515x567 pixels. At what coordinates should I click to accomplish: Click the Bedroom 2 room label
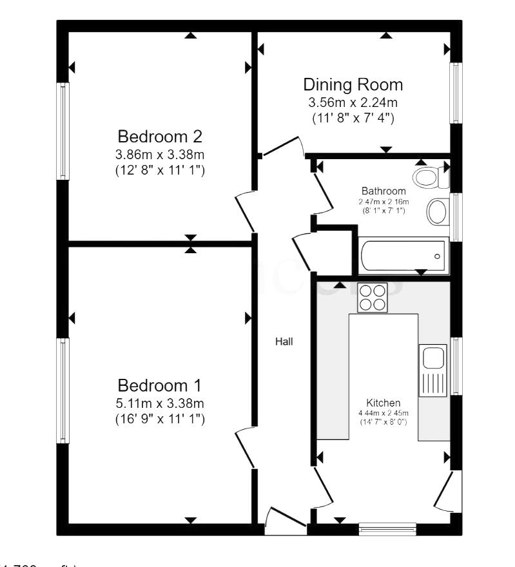click(160, 137)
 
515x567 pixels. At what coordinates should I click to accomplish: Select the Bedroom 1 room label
click(160, 385)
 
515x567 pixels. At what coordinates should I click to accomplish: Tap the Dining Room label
click(353, 85)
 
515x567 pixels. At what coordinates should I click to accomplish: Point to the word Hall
click(284, 342)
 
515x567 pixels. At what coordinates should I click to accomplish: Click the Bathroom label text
click(383, 191)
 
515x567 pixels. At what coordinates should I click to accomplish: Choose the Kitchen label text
click(384, 402)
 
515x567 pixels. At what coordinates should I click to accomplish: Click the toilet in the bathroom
click(429, 176)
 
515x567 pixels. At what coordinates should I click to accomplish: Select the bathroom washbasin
click(438, 211)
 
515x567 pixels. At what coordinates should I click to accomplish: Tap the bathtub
click(402, 256)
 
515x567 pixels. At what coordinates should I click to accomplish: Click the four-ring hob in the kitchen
click(372, 298)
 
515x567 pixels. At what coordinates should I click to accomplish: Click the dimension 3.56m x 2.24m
click(353, 102)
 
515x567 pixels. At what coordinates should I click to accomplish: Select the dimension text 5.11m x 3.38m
click(160, 403)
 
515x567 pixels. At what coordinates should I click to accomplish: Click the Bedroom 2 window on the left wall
click(63, 131)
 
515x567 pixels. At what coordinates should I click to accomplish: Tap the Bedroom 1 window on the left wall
click(63, 390)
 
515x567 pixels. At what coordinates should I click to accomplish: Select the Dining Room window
click(456, 93)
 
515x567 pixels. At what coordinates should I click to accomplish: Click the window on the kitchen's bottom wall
click(387, 529)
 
